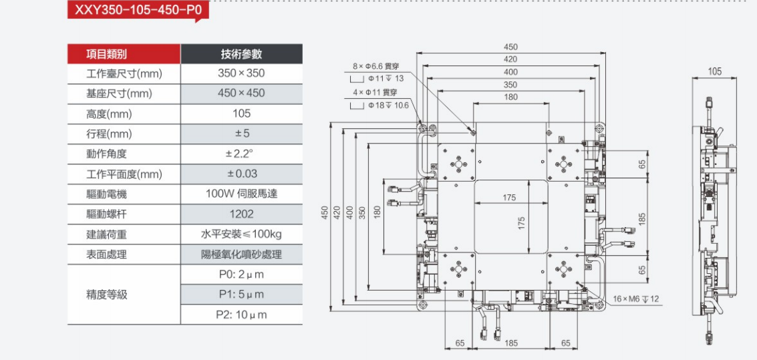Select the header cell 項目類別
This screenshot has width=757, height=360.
107,54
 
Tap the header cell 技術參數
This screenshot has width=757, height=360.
241,54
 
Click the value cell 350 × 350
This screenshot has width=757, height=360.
241,73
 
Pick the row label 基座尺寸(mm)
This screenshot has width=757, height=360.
120,94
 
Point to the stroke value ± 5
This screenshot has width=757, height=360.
241,134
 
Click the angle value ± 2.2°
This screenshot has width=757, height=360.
241,154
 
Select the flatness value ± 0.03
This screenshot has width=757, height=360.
241,174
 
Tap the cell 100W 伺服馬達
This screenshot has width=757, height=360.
241,194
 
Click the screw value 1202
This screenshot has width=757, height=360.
241,214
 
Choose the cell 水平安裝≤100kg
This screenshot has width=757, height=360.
241,234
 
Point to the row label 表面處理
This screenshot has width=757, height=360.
107,254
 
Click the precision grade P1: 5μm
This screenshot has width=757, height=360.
241,295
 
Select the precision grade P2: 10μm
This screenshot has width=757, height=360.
241,315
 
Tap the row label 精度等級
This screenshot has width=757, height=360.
107,295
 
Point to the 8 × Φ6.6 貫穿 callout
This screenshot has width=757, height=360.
375,67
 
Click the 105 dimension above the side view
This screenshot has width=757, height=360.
714,71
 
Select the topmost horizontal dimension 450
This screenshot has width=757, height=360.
510,47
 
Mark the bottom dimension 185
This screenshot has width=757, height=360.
511,343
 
